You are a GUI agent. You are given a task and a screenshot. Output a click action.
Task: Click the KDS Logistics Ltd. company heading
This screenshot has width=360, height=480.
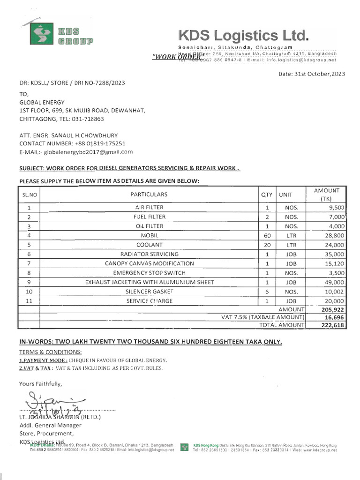click(x=244, y=36)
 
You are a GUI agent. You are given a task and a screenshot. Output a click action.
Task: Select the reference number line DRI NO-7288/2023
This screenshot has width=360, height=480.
click(x=72, y=83)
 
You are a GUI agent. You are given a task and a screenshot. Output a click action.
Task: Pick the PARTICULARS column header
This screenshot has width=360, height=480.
click(x=149, y=194)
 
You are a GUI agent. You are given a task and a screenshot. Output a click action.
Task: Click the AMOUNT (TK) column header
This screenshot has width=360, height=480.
click(x=326, y=194)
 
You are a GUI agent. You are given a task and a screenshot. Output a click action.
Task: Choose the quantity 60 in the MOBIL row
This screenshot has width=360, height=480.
click(x=267, y=235)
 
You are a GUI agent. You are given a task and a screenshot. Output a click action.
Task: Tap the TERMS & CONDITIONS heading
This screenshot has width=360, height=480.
click(x=50, y=352)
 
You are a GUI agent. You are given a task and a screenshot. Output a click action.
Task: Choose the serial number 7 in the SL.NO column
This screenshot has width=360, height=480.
click(x=29, y=263)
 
